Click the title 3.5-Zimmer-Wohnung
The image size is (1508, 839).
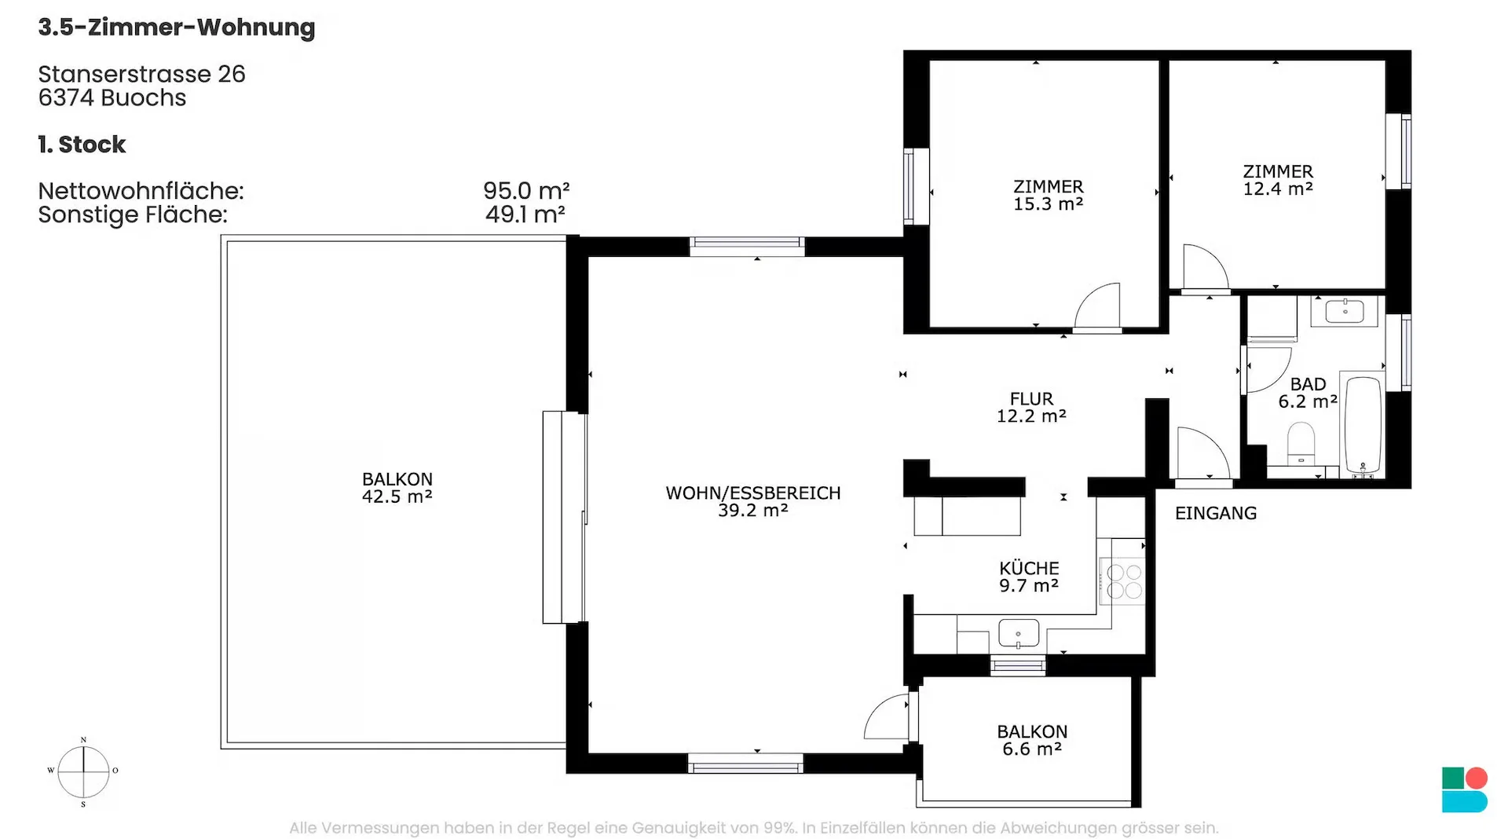tap(177, 27)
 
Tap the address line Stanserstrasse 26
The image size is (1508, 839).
tap(142, 74)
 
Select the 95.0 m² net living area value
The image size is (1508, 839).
tap(526, 190)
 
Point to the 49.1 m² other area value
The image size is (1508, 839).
tap(525, 214)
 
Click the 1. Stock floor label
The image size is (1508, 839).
tap(82, 145)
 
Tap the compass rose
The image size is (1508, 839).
tap(83, 771)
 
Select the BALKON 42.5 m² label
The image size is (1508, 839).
tap(397, 487)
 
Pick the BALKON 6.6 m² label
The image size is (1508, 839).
tap(1032, 740)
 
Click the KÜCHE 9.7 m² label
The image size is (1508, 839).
tap(1029, 577)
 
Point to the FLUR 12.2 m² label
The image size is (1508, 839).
tap(1031, 407)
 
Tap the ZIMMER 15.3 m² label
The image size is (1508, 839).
tap(1049, 195)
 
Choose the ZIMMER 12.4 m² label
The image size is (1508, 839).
tap(1278, 180)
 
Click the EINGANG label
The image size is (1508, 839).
tap(1216, 513)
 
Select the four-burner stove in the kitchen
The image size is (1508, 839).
tap(1122, 581)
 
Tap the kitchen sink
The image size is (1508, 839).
tap(1019, 633)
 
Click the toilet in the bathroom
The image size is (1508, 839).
tap(1301, 445)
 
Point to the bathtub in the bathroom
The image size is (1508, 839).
tap(1363, 425)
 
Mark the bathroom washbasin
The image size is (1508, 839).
tap(1345, 311)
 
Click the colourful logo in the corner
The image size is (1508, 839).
tap(1465, 790)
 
